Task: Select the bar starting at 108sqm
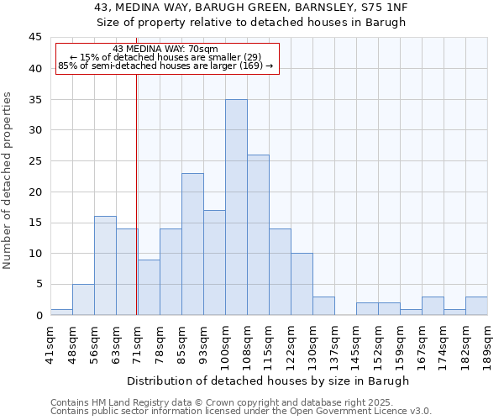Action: [258, 235]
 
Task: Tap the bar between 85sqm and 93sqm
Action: [192, 244]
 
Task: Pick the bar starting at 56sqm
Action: [105, 265]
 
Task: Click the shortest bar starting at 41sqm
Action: [61, 312]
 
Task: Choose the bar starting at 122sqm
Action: [302, 284]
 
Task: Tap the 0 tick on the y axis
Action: [39, 315]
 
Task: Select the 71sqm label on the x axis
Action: [138, 342]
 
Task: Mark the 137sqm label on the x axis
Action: [334, 342]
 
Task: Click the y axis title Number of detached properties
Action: [8, 181]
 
